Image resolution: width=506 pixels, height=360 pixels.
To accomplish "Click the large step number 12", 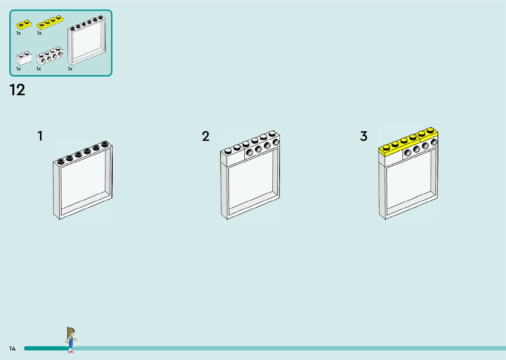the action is (x=17, y=90).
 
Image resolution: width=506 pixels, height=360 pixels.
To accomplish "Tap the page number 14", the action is (x=12, y=348).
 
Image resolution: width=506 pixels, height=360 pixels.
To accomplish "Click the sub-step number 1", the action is (x=40, y=136).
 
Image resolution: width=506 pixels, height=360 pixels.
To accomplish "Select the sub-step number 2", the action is (x=206, y=136).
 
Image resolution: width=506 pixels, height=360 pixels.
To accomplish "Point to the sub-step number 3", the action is (x=364, y=136).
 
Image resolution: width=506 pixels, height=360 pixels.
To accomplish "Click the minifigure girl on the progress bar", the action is (x=70, y=340).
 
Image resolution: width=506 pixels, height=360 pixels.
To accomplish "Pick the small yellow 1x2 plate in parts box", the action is (x=24, y=24).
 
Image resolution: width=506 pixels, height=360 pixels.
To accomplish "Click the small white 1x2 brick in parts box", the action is (x=24, y=58).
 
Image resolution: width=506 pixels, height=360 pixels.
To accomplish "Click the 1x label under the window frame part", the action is (x=70, y=69).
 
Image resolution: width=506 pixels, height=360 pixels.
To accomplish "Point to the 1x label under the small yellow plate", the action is (x=19, y=33).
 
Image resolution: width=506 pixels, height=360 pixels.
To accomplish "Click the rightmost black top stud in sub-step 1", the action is (x=105, y=144).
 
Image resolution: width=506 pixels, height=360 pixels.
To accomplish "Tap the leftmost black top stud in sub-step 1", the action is (x=60, y=161).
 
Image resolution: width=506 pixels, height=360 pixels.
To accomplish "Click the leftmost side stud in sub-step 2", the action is (x=250, y=153).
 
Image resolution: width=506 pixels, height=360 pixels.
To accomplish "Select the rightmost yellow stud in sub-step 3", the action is (x=430, y=130).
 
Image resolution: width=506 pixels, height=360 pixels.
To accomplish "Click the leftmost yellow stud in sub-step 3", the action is (x=386, y=147).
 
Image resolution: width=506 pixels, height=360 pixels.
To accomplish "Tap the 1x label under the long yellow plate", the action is (x=39, y=33).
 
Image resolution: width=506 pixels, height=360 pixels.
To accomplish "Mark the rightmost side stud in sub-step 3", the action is (x=434, y=142).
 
